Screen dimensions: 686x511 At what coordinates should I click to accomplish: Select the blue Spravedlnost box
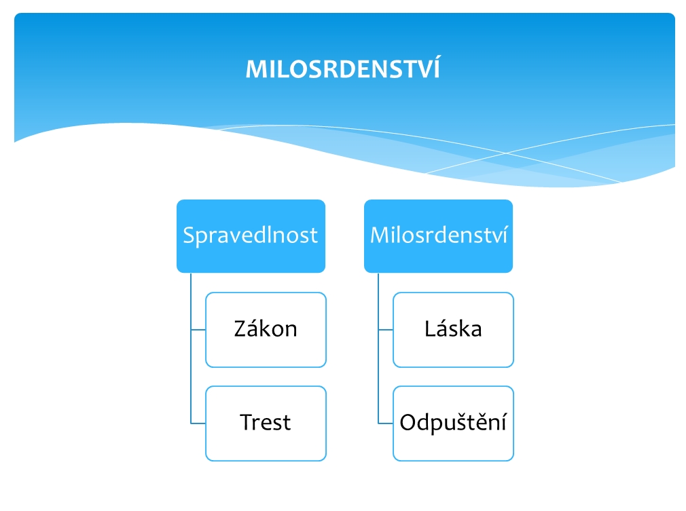[251, 236]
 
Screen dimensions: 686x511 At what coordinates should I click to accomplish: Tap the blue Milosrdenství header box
[438, 236]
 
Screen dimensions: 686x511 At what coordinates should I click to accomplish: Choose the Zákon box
[266, 330]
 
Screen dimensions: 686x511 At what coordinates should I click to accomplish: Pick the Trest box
[266, 423]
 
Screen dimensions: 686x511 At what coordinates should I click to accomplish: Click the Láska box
[453, 330]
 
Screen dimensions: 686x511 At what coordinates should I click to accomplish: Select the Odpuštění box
[453, 423]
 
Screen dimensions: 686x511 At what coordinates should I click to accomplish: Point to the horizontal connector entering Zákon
[198, 330]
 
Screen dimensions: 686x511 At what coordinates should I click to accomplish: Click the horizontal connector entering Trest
[198, 423]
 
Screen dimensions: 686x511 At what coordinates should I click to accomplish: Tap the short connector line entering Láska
[385, 330]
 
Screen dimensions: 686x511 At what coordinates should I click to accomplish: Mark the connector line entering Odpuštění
[385, 423]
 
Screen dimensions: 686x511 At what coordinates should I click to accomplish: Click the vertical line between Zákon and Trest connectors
[191, 377]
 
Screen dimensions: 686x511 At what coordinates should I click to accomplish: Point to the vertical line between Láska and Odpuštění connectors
[378, 377]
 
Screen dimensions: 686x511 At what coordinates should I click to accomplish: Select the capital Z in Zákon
[242, 328]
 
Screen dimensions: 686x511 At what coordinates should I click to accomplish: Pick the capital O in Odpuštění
[410, 422]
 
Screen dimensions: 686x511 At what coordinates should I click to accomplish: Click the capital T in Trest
[247, 422]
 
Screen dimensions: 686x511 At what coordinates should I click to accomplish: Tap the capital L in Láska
[431, 328]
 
